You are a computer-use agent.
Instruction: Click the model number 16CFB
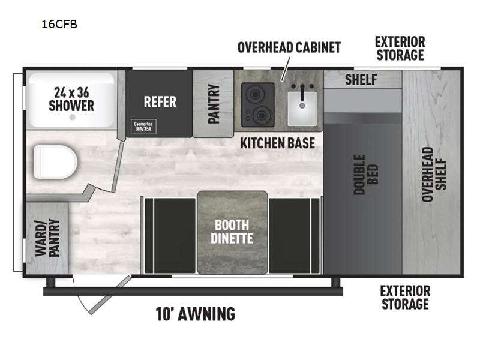coord(59,24)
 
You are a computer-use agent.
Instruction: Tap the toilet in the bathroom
coord(55,162)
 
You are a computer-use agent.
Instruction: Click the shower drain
coord(72,117)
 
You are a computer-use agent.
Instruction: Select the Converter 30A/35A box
coord(143,127)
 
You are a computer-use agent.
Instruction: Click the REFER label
coord(160,102)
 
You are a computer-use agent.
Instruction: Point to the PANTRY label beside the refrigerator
coord(214,104)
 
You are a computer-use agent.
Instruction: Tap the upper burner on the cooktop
coord(254,94)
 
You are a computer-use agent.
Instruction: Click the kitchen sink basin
coord(302,109)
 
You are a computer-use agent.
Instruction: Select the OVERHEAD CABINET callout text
coord(289,47)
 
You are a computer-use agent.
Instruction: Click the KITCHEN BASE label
coord(277,143)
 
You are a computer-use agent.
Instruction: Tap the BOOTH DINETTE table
coord(232,232)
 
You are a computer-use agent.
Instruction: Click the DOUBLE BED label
coord(366,175)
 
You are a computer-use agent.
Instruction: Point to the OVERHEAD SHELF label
coord(434,175)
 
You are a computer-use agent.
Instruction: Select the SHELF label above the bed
coord(361,80)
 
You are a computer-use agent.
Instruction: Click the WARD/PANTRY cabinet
coord(47,238)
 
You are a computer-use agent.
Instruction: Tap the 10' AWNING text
coord(196,314)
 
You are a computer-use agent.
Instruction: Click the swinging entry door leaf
coord(110,295)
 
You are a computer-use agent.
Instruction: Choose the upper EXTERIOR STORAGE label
coord(400,49)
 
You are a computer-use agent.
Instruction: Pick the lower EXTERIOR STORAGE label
coord(405,298)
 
